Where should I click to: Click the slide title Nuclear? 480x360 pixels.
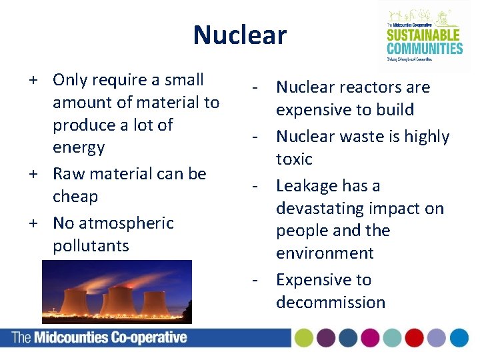[239, 35]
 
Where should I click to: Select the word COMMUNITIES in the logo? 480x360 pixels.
[424, 47]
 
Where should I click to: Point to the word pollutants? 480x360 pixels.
[91, 245]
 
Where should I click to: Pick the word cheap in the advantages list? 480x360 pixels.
[75, 197]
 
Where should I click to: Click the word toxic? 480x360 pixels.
[294, 159]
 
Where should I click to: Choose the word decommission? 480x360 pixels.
[330, 302]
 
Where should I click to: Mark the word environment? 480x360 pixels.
[325, 253]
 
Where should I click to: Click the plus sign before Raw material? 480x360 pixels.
[32, 174]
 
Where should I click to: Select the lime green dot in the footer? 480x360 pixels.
[305, 338]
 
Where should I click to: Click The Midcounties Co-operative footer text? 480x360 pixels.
[99, 337]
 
